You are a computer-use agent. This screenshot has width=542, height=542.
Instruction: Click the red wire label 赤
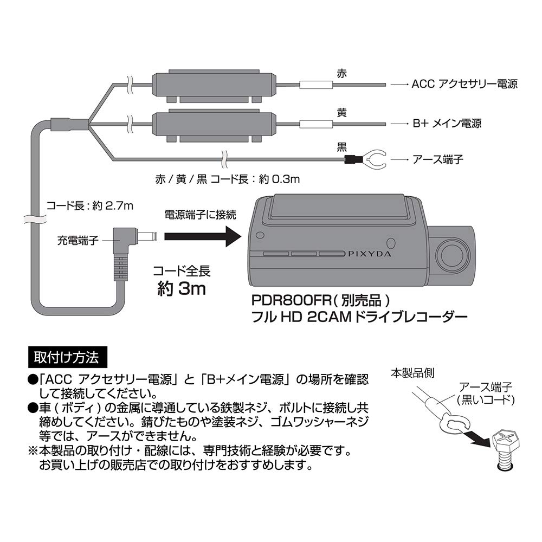pyautogui.click(x=341, y=75)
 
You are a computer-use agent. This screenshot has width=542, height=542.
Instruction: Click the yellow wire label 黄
pyautogui.click(x=341, y=113)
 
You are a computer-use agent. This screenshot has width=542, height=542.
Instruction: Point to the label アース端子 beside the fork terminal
pyautogui.click(x=438, y=159)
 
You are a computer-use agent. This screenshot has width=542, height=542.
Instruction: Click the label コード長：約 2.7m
pyautogui.click(x=89, y=205)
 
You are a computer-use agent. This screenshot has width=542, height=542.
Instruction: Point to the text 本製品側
pyautogui.click(x=412, y=373)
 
